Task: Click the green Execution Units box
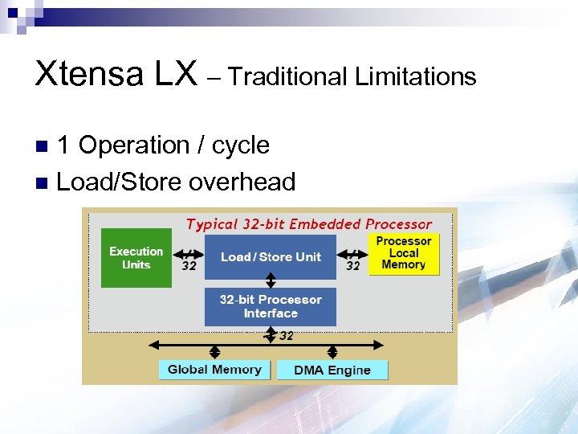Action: tap(136, 257)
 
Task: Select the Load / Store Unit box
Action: tap(271, 257)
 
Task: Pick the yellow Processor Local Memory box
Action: tap(404, 253)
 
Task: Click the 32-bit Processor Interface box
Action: tap(271, 306)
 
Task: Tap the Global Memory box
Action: tap(214, 370)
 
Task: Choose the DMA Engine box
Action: tap(332, 371)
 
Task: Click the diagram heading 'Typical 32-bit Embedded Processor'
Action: tap(309, 224)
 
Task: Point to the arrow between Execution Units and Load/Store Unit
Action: tap(189, 252)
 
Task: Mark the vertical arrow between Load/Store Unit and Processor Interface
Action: tap(271, 280)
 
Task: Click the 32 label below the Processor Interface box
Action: tap(286, 336)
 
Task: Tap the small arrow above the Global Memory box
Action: tap(214, 353)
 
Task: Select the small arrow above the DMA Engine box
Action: tap(332, 353)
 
